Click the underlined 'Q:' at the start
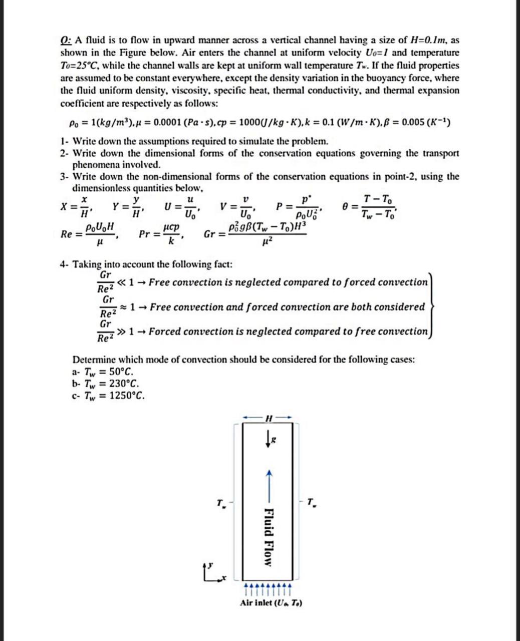67,40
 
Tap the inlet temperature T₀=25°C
81,66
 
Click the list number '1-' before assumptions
64,141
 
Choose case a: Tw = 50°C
103,373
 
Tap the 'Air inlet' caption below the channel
271,602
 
